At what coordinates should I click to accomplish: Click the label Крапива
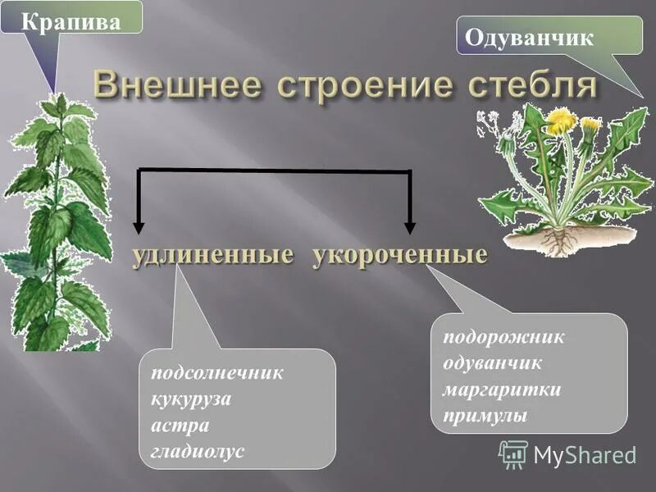pyautogui.click(x=71, y=20)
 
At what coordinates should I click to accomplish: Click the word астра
pyautogui.click(x=180, y=426)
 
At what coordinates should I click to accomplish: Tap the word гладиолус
pyautogui.click(x=198, y=452)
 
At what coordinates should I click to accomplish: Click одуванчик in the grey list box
pyautogui.click(x=493, y=363)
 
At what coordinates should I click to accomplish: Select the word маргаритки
pyautogui.click(x=502, y=389)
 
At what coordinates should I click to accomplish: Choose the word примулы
pyautogui.click(x=485, y=416)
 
